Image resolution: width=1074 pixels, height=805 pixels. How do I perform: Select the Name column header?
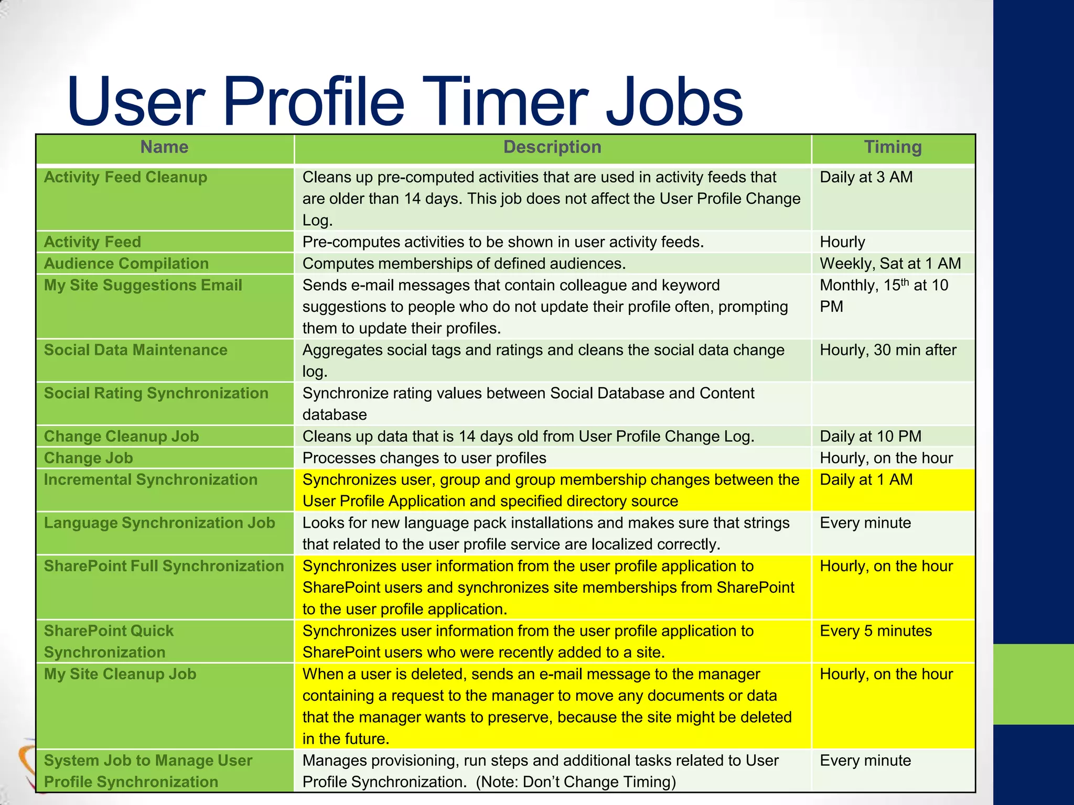[164, 147]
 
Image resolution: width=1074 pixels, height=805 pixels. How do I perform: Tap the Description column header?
[552, 147]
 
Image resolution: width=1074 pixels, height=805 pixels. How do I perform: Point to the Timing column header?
[893, 147]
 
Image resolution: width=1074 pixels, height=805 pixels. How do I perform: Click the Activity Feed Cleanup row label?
[125, 178]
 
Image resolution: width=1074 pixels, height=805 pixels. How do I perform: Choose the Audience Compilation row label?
[126, 264]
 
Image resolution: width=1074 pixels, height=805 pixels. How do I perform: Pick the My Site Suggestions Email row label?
[143, 285]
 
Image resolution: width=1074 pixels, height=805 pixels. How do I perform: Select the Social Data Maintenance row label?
[136, 350]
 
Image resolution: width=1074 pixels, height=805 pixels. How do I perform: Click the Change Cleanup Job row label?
[122, 437]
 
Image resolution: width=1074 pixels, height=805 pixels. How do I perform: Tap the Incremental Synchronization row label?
[151, 480]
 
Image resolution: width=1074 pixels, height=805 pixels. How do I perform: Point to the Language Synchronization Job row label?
[159, 523]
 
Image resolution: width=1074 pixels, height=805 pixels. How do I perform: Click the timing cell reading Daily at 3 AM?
[866, 178]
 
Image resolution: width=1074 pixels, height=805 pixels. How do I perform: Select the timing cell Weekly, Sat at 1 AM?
[890, 264]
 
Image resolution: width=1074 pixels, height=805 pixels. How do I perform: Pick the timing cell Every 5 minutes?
[876, 631]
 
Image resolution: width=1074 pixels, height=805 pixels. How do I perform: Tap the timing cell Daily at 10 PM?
[871, 437]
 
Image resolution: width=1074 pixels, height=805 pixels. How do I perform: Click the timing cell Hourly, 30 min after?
[888, 350]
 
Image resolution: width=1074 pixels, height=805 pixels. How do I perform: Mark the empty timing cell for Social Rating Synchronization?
[893, 404]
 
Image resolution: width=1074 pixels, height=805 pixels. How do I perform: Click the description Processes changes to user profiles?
[424, 458]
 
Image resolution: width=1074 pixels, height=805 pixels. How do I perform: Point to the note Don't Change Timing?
[576, 782]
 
